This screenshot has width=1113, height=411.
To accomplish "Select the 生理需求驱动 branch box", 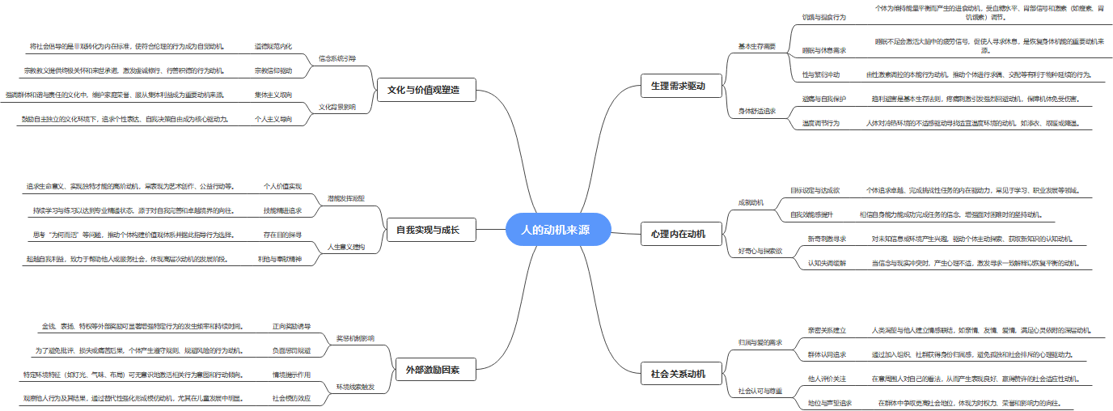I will [x=678, y=86].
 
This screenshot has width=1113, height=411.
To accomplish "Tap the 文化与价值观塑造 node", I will [x=426, y=89].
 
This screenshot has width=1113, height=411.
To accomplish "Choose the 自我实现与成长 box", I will [x=428, y=230].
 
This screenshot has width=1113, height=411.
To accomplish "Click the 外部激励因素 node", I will [x=433, y=370].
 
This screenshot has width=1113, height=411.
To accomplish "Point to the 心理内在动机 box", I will [x=678, y=234].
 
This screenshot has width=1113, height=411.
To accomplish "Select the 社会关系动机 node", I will [x=678, y=374].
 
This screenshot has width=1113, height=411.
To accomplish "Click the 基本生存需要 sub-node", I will [x=756, y=46].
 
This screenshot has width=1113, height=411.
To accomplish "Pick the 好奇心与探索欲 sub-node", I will [x=760, y=251].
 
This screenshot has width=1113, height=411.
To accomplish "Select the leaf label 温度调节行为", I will [x=820, y=123].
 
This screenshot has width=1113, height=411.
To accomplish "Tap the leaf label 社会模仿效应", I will [x=290, y=398].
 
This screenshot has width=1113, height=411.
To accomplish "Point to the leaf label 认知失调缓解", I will [x=826, y=263].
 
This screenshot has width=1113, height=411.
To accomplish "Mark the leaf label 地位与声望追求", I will [x=829, y=402].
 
